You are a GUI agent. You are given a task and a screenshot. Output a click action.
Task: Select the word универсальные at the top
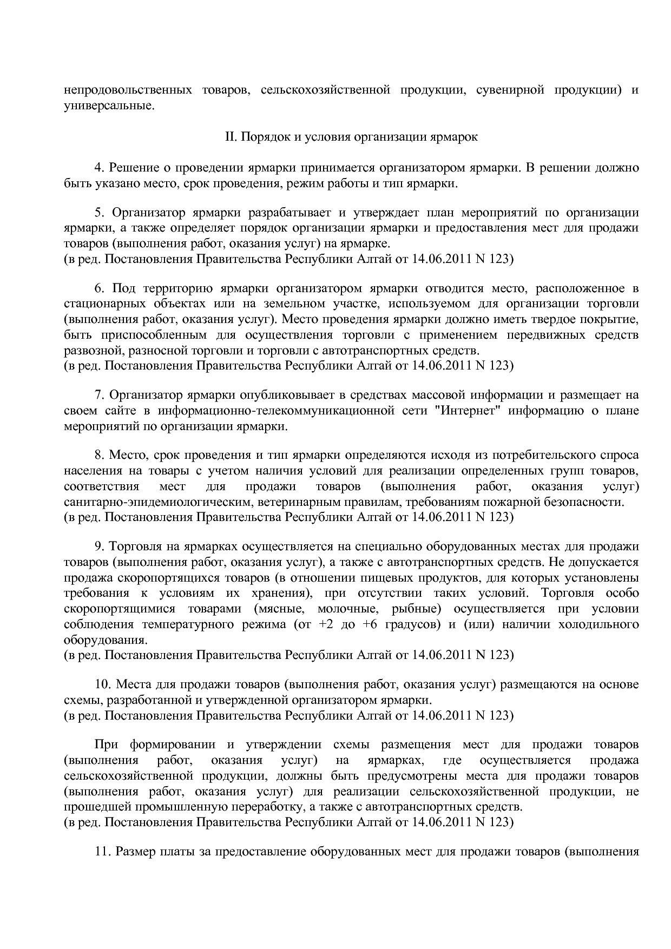click(109, 106)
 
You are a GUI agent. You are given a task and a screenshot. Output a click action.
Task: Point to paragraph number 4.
click(98, 168)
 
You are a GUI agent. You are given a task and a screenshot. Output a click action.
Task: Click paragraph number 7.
click(98, 395)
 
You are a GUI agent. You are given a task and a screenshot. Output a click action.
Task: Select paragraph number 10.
click(102, 685)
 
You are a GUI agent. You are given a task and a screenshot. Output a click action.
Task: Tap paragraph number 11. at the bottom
click(102, 852)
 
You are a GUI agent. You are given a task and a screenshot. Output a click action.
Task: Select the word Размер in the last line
click(136, 852)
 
